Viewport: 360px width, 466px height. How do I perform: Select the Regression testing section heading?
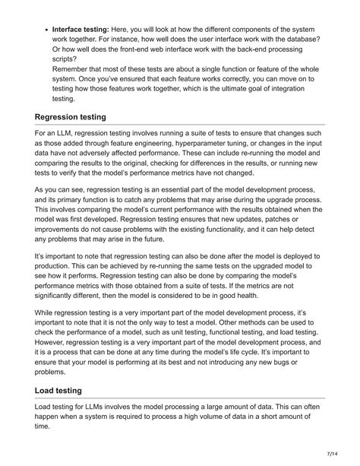81,118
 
